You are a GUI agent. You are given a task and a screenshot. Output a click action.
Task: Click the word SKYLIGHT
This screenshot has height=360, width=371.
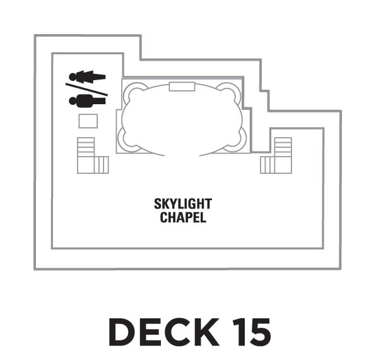(x=183, y=204)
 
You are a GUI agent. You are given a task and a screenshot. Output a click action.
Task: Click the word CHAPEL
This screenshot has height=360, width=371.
(x=183, y=217)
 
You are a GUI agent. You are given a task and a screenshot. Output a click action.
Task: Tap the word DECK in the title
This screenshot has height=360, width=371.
(x=164, y=332)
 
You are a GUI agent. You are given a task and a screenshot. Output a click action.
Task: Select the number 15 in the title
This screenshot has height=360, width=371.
(x=252, y=332)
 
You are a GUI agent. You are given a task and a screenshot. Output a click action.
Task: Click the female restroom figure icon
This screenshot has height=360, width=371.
(x=87, y=77)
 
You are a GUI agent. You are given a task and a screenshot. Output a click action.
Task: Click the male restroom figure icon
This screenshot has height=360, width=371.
(x=87, y=100)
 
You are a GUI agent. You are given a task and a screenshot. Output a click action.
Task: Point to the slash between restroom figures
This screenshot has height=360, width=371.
(x=86, y=90)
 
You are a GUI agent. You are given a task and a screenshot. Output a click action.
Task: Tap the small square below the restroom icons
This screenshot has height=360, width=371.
(x=88, y=121)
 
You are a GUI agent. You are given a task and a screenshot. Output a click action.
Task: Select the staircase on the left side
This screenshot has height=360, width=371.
(x=93, y=155)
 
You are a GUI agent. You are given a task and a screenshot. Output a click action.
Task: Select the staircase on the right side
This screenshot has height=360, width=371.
(x=276, y=155)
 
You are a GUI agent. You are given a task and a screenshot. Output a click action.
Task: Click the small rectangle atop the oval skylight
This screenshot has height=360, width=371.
(x=182, y=87)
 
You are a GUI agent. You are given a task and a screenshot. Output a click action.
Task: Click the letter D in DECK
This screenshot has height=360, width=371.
(x=122, y=332)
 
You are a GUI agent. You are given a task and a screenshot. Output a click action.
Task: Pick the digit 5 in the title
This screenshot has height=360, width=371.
(x=259, y=332)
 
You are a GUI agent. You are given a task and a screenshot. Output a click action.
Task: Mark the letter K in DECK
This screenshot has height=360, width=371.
(x=206, y=332)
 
